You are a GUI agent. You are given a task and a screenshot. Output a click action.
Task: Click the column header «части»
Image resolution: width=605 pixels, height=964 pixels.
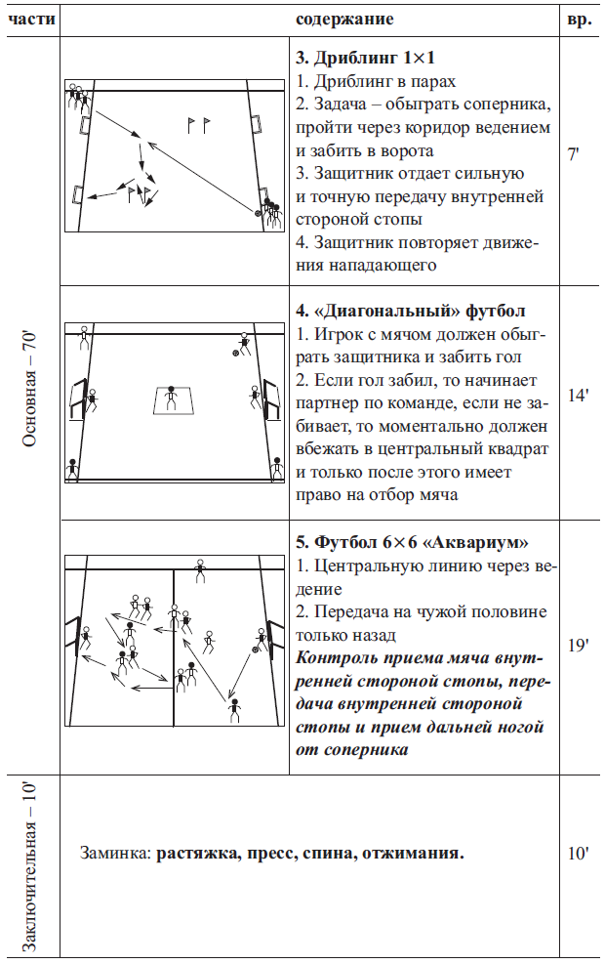point(30,20)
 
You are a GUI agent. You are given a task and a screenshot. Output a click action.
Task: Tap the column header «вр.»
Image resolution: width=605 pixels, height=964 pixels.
point(579,20)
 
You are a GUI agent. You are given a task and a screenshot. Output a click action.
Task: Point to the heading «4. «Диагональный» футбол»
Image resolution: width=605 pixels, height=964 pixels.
point(410,312)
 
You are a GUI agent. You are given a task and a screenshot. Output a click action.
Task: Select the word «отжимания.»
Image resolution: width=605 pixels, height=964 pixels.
point(412,854)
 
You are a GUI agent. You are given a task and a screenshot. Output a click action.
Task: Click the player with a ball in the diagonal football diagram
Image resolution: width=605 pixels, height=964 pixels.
point(243,343)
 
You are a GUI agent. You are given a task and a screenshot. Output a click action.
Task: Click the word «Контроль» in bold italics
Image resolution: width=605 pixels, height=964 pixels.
point(334,657)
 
